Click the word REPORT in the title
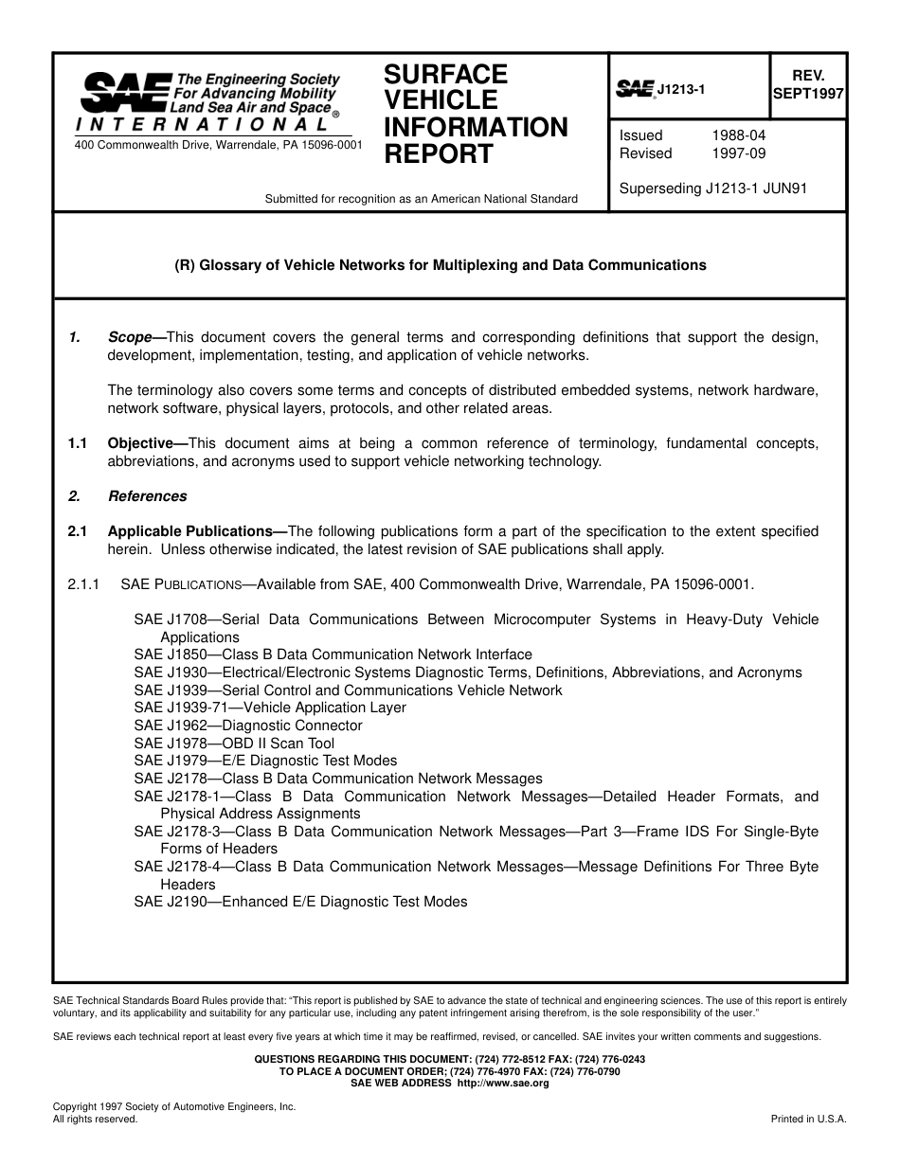(438, 154)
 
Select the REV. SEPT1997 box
(808, 85)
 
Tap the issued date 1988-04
(738, 135)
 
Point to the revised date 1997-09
(738, 153)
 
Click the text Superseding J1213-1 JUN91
(712, 188)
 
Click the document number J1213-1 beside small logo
(681, 89)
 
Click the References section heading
(147, 496)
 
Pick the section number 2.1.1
(83, 584)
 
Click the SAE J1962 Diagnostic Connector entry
(248, 726)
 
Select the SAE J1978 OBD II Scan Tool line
(234, 744)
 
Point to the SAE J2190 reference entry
(300, 902)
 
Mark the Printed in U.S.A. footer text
(808, 1119)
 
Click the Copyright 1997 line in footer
(174, 1106)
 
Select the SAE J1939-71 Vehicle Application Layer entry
(270, 708)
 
